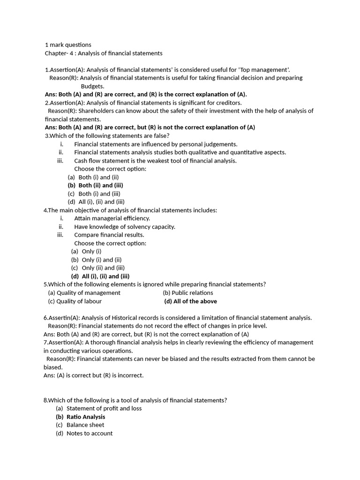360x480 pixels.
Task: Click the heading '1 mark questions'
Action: pyautogui.click(x=68, y=45)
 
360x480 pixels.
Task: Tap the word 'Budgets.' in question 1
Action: pyautogui.click(x=92, y=86)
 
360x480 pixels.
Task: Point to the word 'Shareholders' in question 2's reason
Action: pyautogui.click(x=96, y=111)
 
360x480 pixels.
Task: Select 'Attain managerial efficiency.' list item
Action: pyautogui.click(x=112, y=218)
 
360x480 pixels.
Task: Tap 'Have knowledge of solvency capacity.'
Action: pyautogui.click(x=124, y=227)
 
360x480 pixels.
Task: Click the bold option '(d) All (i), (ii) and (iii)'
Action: pyautogui.click(x=100, y=276)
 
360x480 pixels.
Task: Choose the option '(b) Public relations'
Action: pyautogui.click(x=187, y=293)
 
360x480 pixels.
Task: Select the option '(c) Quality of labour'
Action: pyautogui.click(x=75, y=301)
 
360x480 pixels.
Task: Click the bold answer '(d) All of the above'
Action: pyautogui.click(x=190, y=301)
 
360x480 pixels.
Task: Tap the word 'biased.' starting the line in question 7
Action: pyautogui.click(x=53, y=367)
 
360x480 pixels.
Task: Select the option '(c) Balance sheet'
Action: pyautogui.click(x=80, y=425)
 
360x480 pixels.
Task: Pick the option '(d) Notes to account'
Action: pyautogui.click(x=84, y=434)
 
